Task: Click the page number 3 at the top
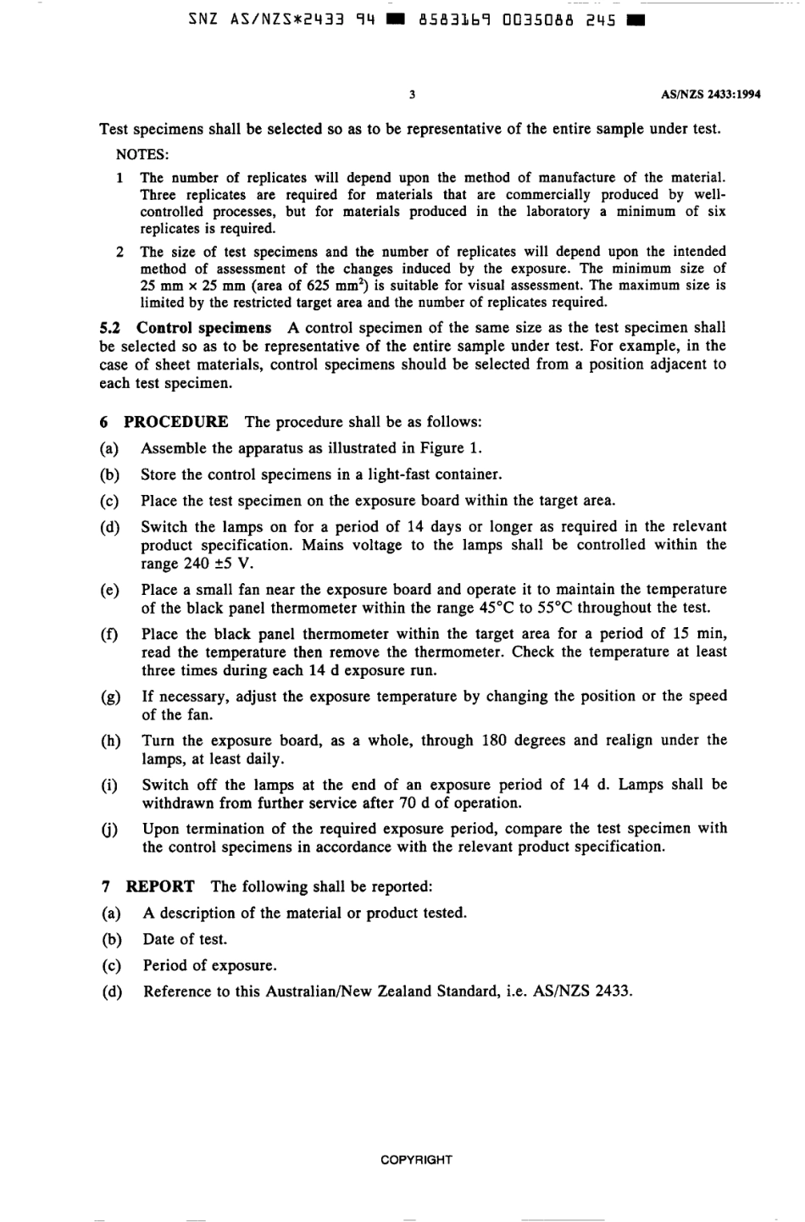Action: (412, 95)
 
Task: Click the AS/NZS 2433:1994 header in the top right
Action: (710, 95)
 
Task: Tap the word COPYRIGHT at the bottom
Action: (416, 1159)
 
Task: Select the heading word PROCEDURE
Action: (175, 422)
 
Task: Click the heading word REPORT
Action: (160, 886)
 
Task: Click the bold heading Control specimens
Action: (203, 328)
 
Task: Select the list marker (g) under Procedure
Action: (110, 697)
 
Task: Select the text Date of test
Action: (185, 939)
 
